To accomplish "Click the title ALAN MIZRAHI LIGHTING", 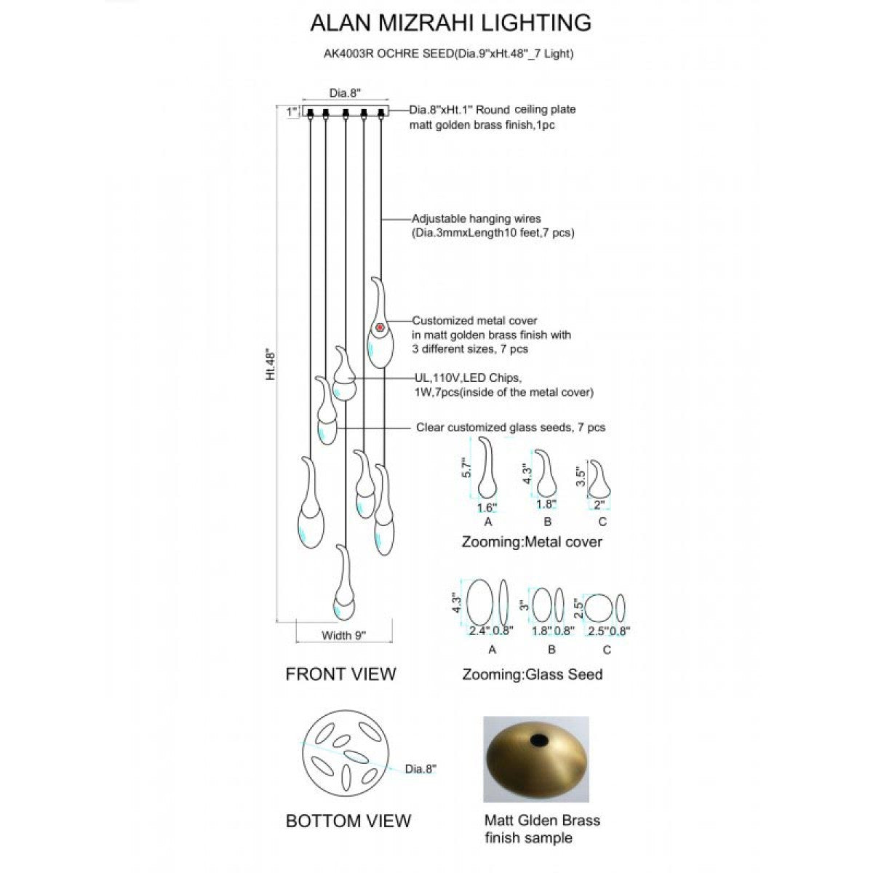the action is coord(450,23).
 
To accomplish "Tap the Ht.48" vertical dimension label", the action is coord(271,363).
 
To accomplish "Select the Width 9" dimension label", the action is coord(343,635).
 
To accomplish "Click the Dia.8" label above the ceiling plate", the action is coord(345,93).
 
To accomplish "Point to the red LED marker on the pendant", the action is coord(380,327).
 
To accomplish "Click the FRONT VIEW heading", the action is coord(340,674).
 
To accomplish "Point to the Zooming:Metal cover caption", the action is coord(532,542).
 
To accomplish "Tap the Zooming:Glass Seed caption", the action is coord(533,674).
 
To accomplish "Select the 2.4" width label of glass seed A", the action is coord(479,631).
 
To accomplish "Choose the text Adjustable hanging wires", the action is coord(476,219).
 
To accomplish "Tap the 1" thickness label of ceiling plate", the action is coord(292,111).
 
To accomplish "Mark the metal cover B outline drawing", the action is coord(546,473).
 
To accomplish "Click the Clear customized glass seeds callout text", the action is coord(511,428).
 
